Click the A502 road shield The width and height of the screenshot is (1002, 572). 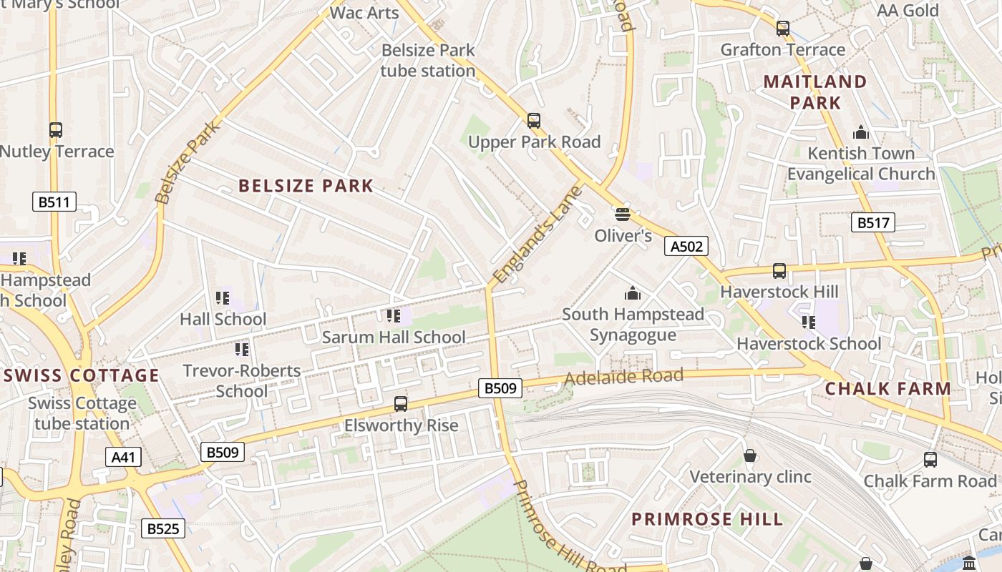[x=686, y=247]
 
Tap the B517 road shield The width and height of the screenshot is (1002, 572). [x=873, y=222]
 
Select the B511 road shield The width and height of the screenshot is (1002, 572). [x=54, y=202]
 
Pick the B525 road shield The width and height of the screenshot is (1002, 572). [x=163, y=528]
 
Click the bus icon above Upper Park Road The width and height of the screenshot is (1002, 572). [x=533, y=120]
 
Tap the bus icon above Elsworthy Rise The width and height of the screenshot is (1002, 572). [x=401, y=404]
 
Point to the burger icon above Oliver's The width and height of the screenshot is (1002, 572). [x=622, y=214]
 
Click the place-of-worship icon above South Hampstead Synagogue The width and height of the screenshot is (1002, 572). [x=632, y=293]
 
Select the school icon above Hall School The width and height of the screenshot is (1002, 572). [x=222, y=297]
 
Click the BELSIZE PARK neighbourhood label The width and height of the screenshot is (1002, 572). [x=306, y=186]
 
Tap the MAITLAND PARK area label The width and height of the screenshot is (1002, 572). [x=815, y=92]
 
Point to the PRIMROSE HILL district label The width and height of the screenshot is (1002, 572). [x=707, y=519]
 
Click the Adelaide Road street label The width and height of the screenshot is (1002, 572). [x=623, y=376]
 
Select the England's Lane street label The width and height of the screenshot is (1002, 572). [x=538, y=234]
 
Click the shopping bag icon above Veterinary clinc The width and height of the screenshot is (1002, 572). [x=749, y=455]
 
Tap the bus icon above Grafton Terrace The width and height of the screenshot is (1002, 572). [x=782, y=29]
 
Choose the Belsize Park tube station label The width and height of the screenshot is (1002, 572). [x=428, y=61]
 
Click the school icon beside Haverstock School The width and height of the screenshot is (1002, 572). [x=808, y=322]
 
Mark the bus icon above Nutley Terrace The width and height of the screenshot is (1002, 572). [x=56, y=130]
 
